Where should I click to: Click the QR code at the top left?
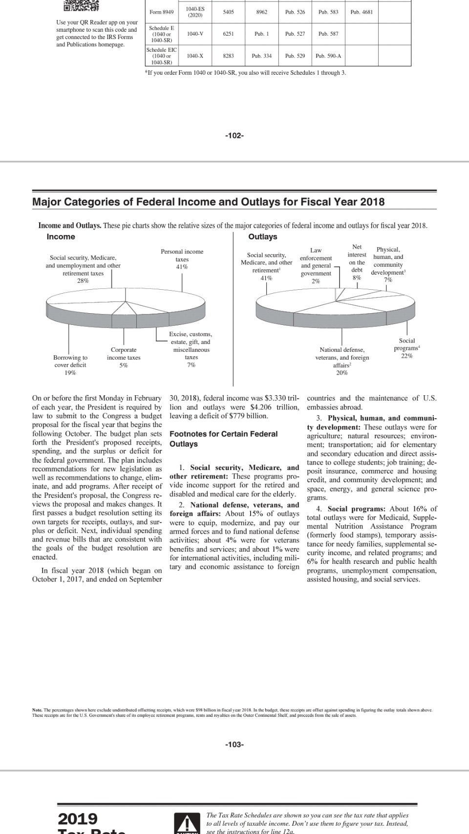pyautogui.click(x=81, y=6)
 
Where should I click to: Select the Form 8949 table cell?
pyautogui.click(x=161, y=12)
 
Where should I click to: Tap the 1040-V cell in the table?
pyautogui.click(x=195, y=34)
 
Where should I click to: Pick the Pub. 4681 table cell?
pyautogui.click(x=362, y=12)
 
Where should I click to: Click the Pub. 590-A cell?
pyautogui.click(x=328, y=56)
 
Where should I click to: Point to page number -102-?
pyautogui.click(x=234, y=135)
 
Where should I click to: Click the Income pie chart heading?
pyautogui.click(x=61, y=237)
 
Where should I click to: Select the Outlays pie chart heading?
pyautogui.click(x=262, y=237)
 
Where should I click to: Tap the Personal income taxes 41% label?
pyautogui.click(x=182, y=259)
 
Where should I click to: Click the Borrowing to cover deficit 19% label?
pyautogui.click(x=70, y=365)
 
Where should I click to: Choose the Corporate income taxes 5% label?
pyautogui.click(x=124, y=357)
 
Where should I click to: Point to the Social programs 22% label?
pyautogui.click(x=406, y=348)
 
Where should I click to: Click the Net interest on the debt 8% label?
pyautogui.click(x=357, y=262)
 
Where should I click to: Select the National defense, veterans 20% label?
pyautogui.click(x=342, y=361)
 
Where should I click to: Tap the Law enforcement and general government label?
pyautogui.click(x=316, y=266)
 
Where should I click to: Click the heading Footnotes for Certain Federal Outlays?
pyautogui.click(x=223, y=439)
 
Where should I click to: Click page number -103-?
pyautogui.click(x=234, y=745)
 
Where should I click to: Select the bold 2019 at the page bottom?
pyautogui.click(x=78, y=818)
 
